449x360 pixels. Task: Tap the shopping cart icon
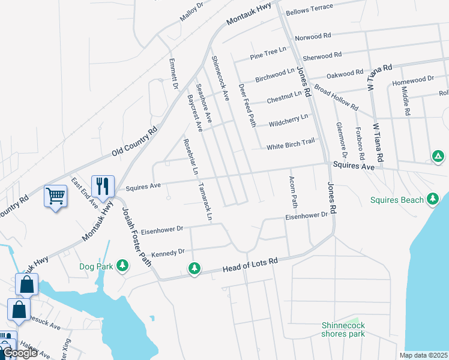[55, 196]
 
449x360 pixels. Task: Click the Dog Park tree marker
[122, 265]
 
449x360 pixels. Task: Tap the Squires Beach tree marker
[432, 199]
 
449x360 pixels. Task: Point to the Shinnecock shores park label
[343, 329]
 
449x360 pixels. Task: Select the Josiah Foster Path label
[137, 234]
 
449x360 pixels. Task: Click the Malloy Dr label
[192, 12]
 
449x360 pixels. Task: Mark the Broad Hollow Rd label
[336, 99]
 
